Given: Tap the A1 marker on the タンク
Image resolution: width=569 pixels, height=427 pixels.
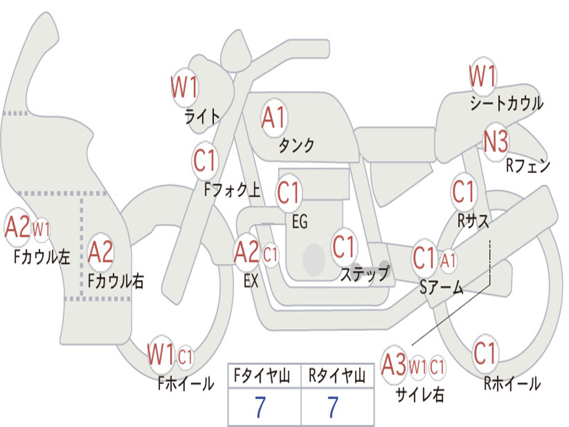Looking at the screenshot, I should click(x=274, y=118).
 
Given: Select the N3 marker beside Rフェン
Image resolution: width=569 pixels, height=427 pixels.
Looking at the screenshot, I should click(x=496, y=143).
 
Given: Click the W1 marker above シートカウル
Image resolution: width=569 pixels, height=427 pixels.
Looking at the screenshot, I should click(x=482, y=76).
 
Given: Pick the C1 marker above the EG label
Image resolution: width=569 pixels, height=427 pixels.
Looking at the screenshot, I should click(x=289, y=193).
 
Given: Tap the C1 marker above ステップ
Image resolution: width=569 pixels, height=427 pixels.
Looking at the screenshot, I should click(x=344, y=246).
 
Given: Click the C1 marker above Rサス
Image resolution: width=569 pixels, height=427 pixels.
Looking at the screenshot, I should click(x=463, y=192).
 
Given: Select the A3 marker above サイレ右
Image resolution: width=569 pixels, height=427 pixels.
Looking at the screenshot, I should click(x=395, y=365).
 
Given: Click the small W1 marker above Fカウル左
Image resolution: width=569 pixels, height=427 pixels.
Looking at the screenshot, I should click(x=41, y=229).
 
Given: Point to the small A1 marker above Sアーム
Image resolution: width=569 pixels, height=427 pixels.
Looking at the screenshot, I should click(x=448, y=259).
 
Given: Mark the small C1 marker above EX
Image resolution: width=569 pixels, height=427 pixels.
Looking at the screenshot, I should click(x=271, y=255).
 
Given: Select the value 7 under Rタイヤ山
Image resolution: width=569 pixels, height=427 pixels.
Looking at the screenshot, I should click(x=333, y=408).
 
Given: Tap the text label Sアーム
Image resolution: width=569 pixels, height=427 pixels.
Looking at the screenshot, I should click(x=442, y=287).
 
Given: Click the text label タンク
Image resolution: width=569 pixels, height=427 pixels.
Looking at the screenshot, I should click(x=296, y=145).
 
